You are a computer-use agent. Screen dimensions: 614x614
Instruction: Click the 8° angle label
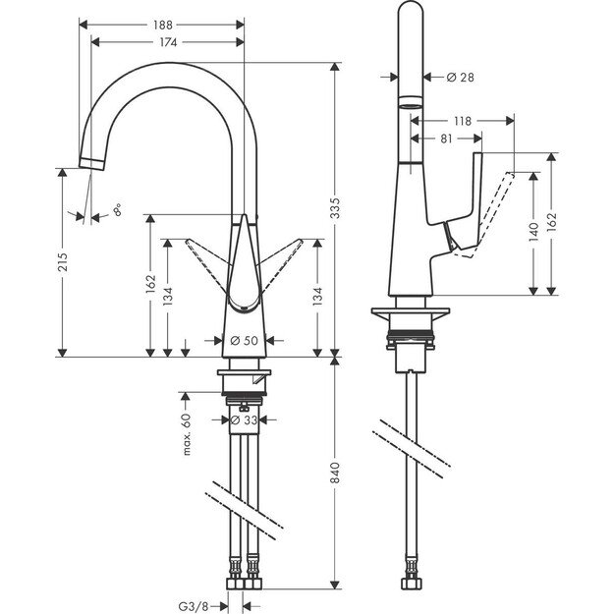(x=119, y=209)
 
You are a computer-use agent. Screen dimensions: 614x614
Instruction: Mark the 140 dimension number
(x=534, y=233)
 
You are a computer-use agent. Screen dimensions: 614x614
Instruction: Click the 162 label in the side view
(x=553, y=222)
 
